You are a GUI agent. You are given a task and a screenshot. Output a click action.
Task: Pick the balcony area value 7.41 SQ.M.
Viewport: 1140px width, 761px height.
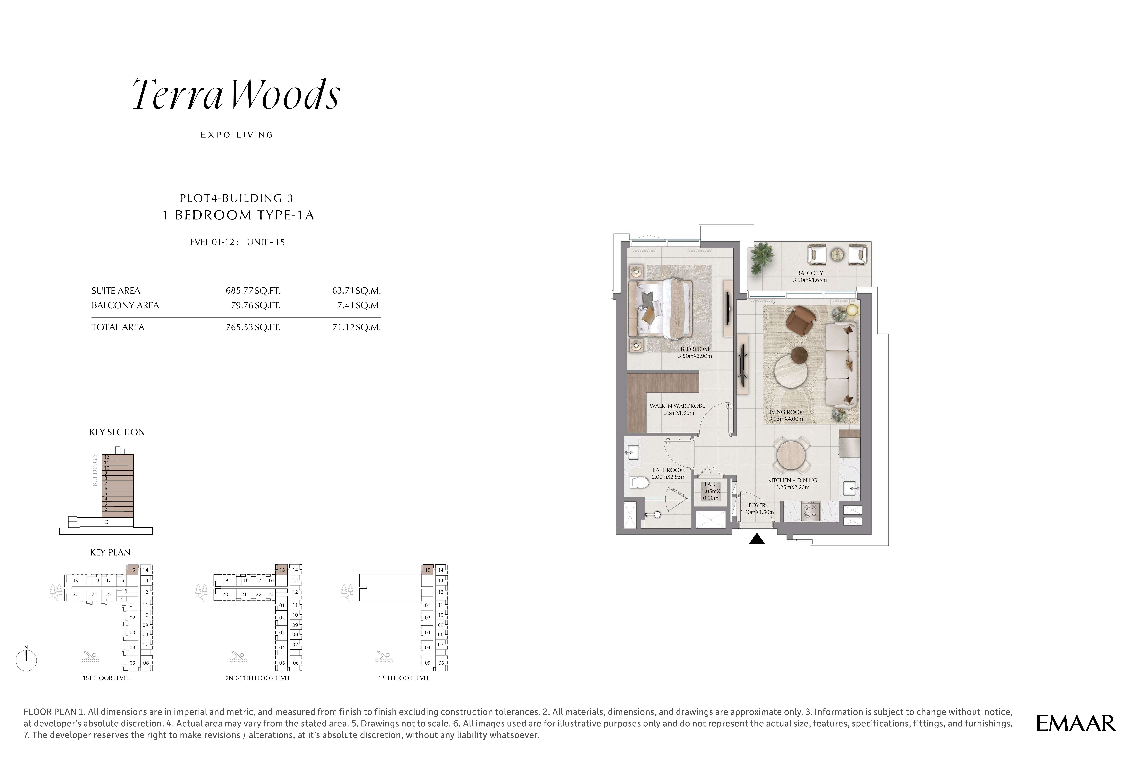(356, 305)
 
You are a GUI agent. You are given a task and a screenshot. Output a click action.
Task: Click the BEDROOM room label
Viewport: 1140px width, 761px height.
(695, 349)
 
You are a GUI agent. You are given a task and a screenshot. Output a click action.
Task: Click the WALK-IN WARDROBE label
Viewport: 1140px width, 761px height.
(677, 406)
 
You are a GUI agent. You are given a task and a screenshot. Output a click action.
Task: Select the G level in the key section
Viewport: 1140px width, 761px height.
(106, 522)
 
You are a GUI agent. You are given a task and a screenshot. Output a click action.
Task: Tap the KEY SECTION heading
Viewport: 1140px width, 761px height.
(117, 432)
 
